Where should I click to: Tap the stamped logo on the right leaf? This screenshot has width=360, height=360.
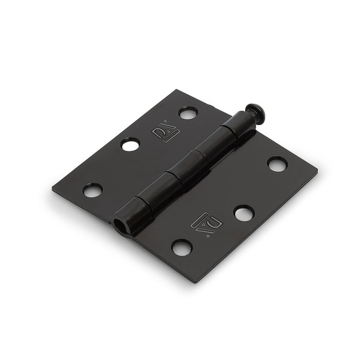[209, 222]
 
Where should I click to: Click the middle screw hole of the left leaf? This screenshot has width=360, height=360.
[131, 145]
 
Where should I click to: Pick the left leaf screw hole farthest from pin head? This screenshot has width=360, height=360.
[93, 191]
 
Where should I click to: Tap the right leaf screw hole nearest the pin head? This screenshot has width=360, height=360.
[277, 165]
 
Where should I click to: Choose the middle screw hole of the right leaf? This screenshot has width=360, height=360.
[243, 212]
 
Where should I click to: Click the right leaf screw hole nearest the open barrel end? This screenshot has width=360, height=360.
[182, 248]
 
